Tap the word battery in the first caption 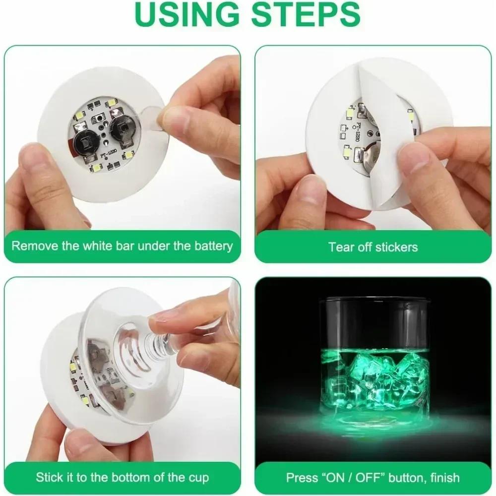tap(210, 246)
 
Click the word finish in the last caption tap(442, 478)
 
